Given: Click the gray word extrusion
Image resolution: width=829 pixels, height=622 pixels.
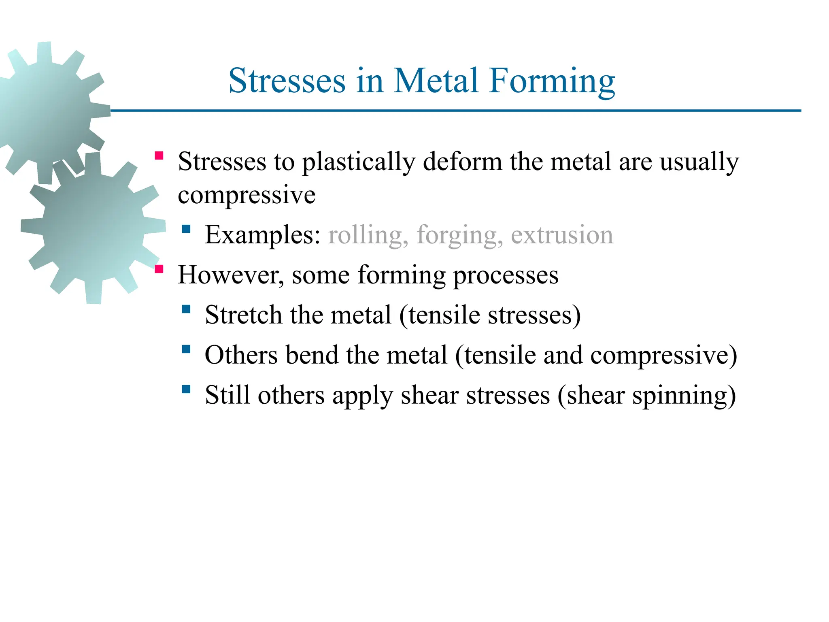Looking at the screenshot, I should pyautogui.click(x=562, y=235).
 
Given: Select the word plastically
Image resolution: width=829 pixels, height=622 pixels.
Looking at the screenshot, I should pyautogui.click(x=359, y=162).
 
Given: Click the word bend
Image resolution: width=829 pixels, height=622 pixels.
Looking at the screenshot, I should pyautogui.click(x=311, y=355).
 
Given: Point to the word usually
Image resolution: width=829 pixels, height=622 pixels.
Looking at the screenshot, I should pyautogui.click(x=699, y=162).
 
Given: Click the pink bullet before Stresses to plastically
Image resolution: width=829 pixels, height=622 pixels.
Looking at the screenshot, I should pyautogui.click(x=159, y=156).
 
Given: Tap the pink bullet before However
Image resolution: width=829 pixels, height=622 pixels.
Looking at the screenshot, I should pyautogui.click(x=159, y=269).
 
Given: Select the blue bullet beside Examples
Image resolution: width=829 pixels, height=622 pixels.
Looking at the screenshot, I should pyautogui.click(x=186, y=230).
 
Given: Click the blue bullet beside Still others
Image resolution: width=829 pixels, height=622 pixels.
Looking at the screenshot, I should pyautogui.click(x=186, y=390).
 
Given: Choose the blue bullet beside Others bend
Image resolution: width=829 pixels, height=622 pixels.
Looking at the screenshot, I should pyautogui.click(x=186, y=349).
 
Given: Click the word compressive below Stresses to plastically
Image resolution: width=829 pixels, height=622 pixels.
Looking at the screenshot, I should pyautogui.click(x=247, y=195).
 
